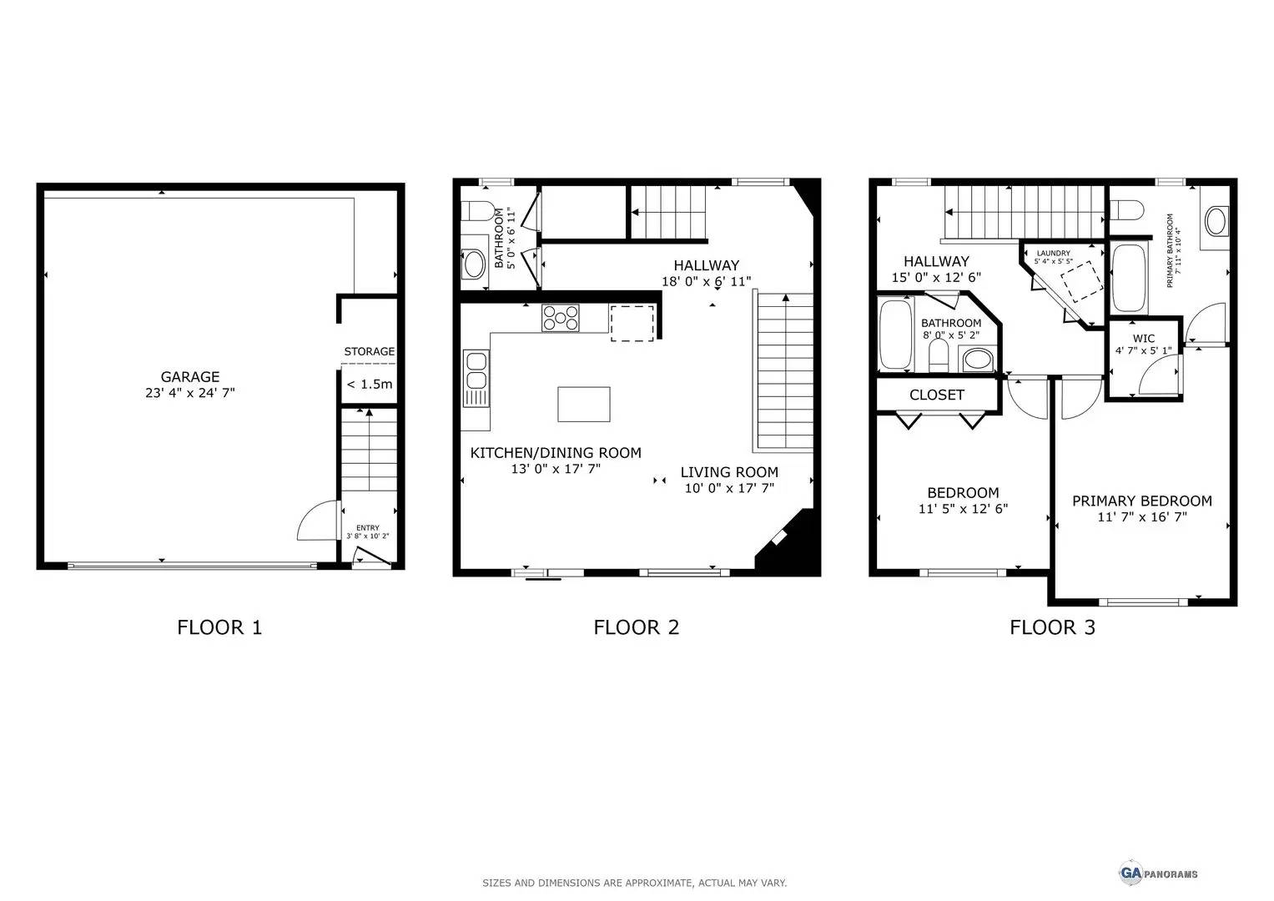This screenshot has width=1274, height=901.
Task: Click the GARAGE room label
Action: (x=190, y=377)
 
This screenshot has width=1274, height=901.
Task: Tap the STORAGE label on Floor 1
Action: (x=369, y=351)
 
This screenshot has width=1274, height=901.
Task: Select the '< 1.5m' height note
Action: (x=369, y=385)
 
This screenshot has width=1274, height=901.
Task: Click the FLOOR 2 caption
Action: (x=636, y=627)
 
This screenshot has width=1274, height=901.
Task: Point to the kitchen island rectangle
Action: (x=583, y=405)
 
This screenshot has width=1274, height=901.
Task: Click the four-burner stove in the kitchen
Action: (x=561, y=318)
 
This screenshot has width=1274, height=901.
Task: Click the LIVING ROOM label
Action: (x=728, y=472)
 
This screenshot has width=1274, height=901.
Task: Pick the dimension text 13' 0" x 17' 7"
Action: (x=556, y=469)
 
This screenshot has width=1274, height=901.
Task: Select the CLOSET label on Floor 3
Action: (x=936, y=395)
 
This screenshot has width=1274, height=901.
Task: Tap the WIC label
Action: (x=1143, y=339)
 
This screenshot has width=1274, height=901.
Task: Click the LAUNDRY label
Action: (x=1053, y=253)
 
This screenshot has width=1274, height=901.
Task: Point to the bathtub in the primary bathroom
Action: (x=1130, y=278)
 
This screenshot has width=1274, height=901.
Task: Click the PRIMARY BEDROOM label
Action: (x=1141, y=501)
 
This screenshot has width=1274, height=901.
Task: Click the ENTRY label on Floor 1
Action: (x=367, y=527)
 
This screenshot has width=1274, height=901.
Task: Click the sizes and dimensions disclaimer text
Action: (x=634, y=883)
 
